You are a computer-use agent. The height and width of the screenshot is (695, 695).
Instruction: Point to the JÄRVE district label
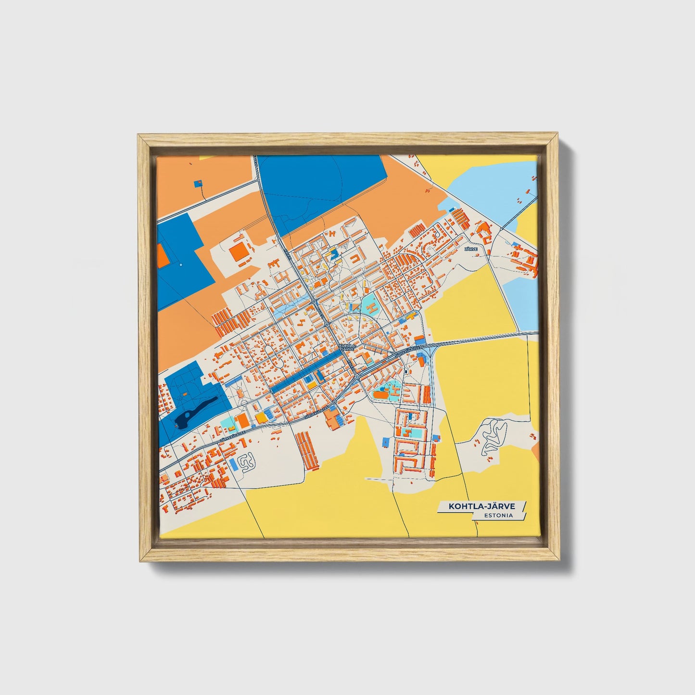point(471,249)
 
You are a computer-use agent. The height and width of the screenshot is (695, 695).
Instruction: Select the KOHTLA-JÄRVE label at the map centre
point(347,346)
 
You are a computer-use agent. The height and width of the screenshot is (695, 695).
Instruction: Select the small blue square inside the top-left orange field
point(198,183)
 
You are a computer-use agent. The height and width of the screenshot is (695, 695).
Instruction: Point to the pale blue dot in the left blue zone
point(180,265)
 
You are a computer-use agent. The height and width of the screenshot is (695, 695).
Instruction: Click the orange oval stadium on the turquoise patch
point(380,395)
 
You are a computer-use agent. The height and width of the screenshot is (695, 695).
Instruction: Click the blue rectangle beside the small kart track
point(233,464)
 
